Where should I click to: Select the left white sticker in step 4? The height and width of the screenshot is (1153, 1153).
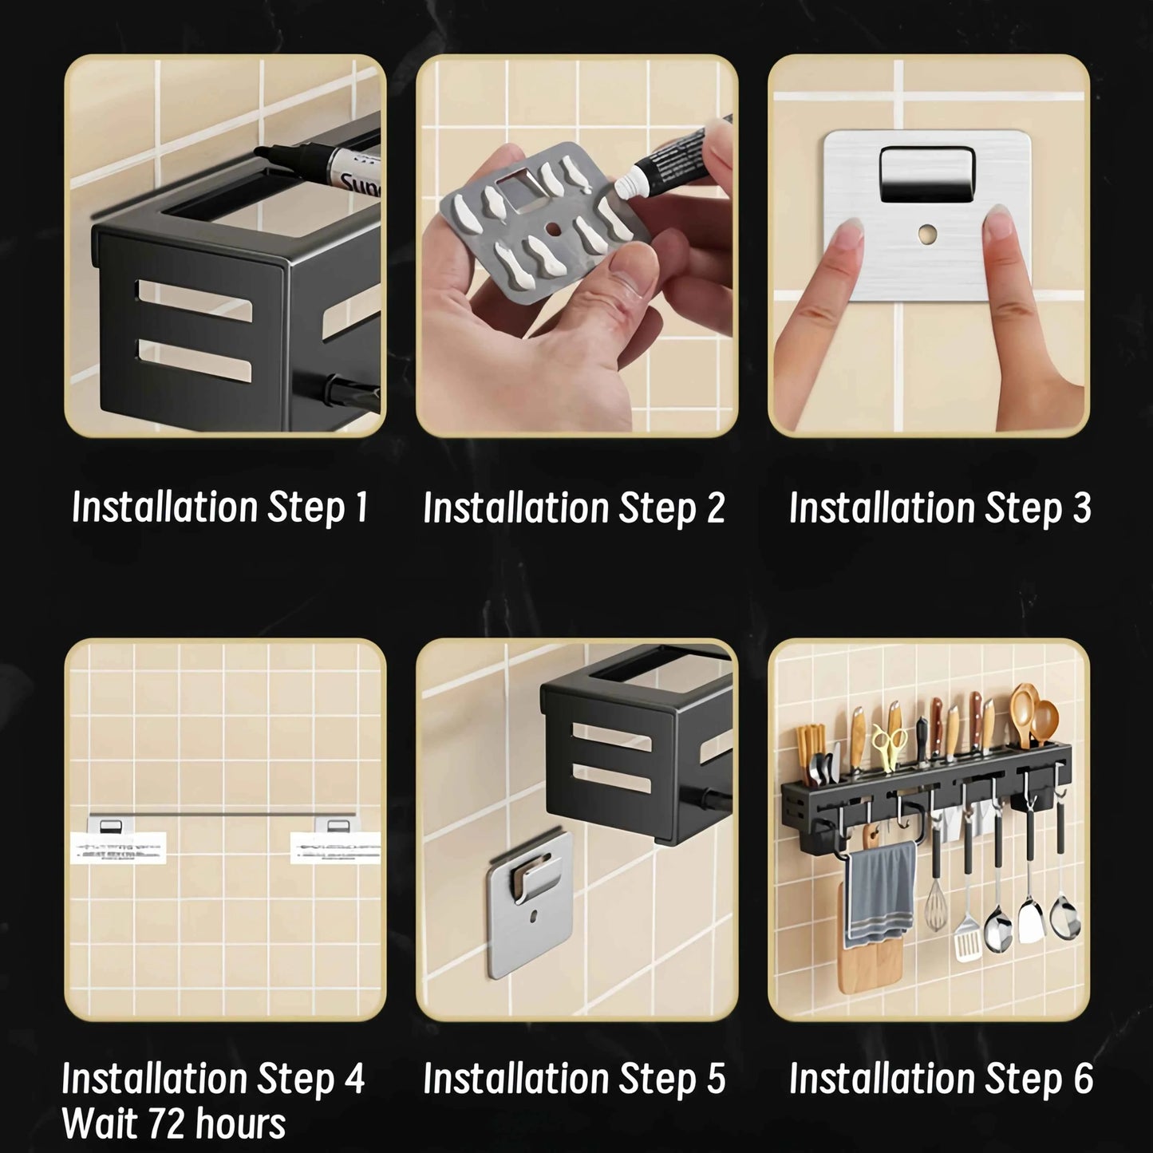point(117,847)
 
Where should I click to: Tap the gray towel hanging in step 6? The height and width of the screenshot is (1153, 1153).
point(881,886)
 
